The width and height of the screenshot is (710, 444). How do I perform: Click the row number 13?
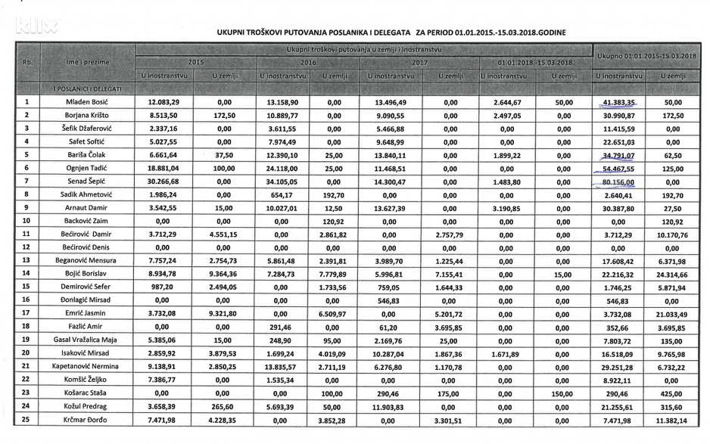click(x=26, y=259)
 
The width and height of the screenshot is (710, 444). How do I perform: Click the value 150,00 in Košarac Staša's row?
click(x=562, y=393)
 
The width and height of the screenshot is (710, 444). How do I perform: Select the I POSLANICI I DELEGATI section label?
click(x=86, y=89)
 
